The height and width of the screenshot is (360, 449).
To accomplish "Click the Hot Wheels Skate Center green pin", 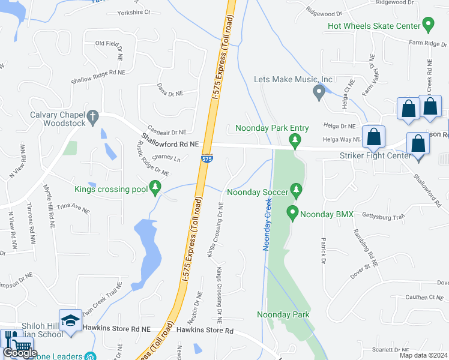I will point(428,25).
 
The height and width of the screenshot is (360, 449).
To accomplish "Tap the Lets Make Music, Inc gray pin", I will point(319,92).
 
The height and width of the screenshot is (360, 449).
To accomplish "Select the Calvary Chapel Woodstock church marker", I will point(92,118).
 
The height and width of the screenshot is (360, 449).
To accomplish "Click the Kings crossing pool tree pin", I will point(155,188).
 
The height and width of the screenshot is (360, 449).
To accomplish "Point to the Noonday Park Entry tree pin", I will point(294,140).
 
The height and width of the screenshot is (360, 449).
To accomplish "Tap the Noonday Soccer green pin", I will point(295,191).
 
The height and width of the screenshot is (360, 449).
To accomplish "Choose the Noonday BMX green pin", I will point(292,213).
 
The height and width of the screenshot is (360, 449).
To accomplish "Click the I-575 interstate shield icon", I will point(206,159).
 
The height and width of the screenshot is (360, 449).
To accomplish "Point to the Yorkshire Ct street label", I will point(134,12).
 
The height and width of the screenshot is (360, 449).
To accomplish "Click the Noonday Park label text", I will point(283,314).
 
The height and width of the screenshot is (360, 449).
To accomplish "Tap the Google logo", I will point(20,353).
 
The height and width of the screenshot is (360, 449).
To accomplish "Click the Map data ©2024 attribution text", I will point(423,355).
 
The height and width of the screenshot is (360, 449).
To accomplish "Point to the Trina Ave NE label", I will point(73,211).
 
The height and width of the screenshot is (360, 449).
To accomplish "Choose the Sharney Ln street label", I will point(166,158).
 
